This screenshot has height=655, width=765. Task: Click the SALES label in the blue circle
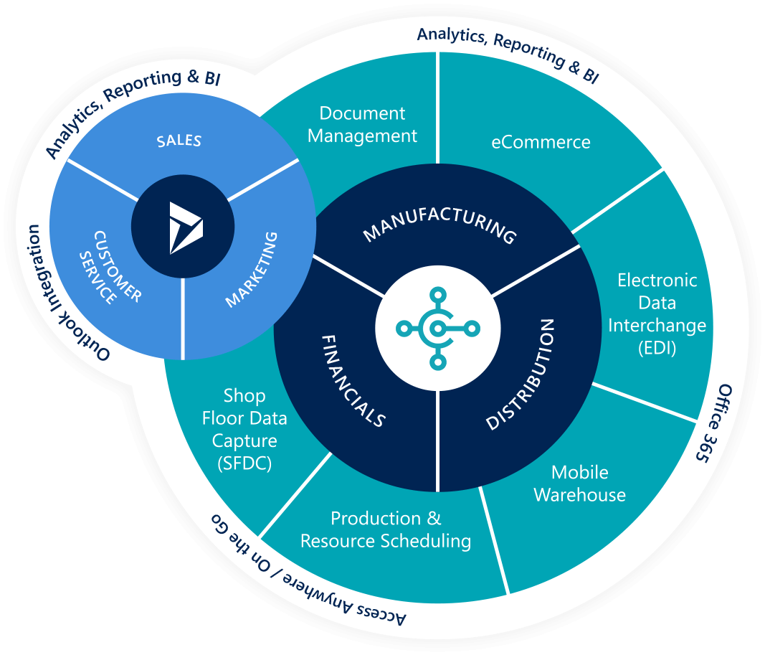[x=179, y=140]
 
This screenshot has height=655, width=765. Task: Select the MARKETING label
[x=251, y=270]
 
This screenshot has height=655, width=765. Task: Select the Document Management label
[x=362, y=124]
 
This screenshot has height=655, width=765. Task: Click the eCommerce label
[x=541, y=142]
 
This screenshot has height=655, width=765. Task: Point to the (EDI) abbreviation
[x=657, y=348]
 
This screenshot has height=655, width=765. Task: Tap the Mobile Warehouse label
[x=579, y=484]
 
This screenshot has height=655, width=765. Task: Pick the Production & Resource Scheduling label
[x=386, y=529]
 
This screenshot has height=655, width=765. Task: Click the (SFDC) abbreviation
[x=244, y=463]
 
